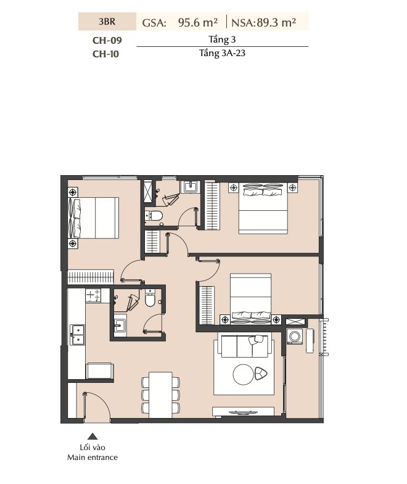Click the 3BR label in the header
tap(107, 22)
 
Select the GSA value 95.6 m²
tap(197, 22)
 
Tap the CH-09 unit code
tap(107, 40)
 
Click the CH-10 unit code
tap(105, 54)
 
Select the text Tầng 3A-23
tap(223, 53)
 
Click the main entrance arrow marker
tap(92, 436)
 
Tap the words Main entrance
tap(92, 457)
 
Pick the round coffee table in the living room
tap(243, 374)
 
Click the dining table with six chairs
tap(160, 395)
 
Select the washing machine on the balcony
tap(294, 336)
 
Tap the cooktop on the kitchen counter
tap(93, 295)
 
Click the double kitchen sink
tap(77, 334)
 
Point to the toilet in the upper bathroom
tap(154, 215)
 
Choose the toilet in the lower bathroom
tap(150, 298)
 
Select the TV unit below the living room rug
tap(243, 411)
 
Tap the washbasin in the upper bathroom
tap(190, 187)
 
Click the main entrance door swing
tap(97, 405)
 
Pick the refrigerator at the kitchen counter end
tap(100, 371)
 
